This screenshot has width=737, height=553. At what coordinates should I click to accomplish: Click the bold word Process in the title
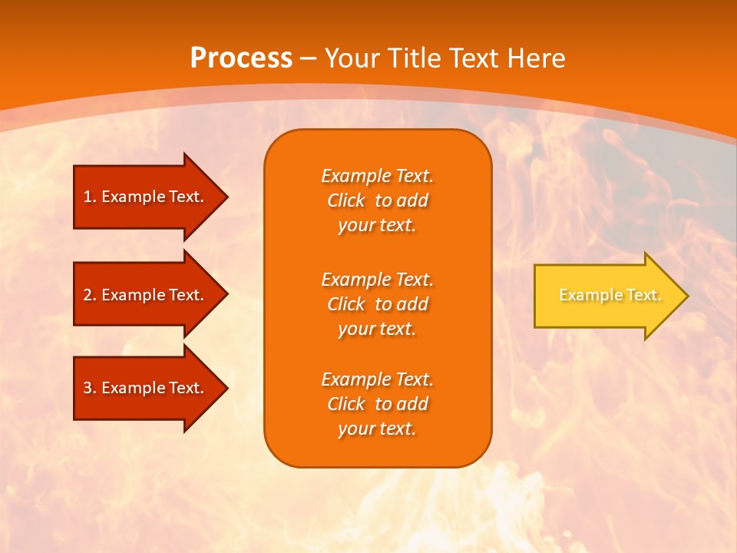pos(241,58)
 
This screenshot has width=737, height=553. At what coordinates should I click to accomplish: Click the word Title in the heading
pos(412,58)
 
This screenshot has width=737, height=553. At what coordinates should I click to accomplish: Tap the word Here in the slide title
pos(537,58)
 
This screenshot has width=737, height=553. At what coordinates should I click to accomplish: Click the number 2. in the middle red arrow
pos(90,295)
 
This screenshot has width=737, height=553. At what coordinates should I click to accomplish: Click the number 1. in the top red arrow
pos(90,197)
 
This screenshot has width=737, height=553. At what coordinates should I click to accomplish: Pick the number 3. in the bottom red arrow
pos(90,388)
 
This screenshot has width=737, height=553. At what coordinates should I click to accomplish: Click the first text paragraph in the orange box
pos(377,200)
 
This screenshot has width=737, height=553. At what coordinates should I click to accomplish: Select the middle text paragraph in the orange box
pos(377,304)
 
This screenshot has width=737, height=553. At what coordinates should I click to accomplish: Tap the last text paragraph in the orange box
pos(377,404)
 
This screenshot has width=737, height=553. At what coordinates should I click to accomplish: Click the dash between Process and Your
pos(308,58)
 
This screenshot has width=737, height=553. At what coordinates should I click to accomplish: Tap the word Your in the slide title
pos(352,58)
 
